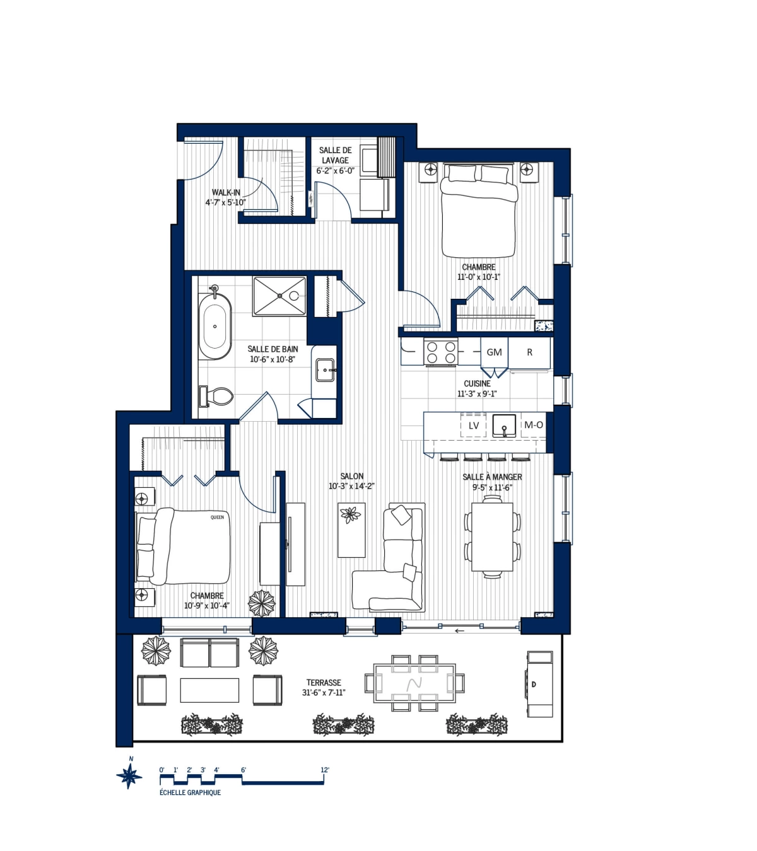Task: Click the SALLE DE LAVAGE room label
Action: click(335, 160)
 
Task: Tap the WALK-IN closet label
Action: click(225, 197)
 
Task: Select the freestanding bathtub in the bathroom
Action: click(214, 327)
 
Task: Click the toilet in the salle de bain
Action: click(216, 396)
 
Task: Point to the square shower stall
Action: click(279, 296)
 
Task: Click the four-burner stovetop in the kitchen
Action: click(441, 352)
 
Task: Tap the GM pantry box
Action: click(495, 352)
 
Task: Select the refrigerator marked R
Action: click(530, 352)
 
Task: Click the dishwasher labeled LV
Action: click(474, 425)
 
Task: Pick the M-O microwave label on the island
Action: click(534, 425)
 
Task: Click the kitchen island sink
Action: click(505, 425)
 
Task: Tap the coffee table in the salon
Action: click(351, 530)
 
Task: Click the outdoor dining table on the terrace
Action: click(414, 683)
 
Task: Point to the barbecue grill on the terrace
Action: click(540, 684)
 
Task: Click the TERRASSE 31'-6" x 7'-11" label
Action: click(324, 687)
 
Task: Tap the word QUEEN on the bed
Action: click(217, 518)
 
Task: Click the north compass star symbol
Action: click(129, 775)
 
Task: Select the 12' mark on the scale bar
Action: click(324, 770)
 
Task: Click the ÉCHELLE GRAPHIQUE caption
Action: click(190, 792)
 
